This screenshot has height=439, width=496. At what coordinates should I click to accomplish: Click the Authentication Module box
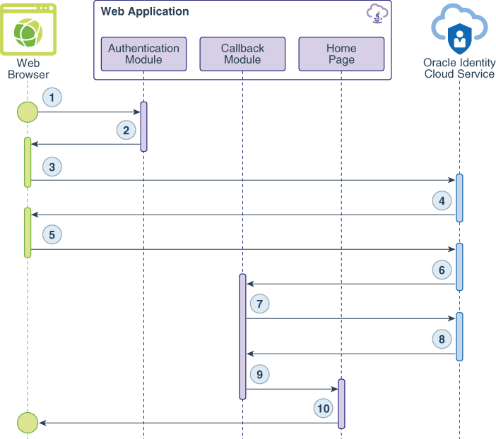click(x=143, y=54)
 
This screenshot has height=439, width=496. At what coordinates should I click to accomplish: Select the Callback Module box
click(x=242, y=54)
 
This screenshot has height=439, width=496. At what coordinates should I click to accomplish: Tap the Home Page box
click(x=341, y=54)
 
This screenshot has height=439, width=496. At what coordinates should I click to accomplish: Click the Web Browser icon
click(x=28, y=30)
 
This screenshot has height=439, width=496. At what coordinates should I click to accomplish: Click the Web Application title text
click(x=145, y=12)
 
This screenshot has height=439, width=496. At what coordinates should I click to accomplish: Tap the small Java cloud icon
click(x=377, y=13)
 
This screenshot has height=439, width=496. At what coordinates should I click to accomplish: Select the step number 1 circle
click(x=52, y=97)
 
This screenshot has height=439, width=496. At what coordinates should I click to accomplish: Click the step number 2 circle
click(x=126, y=130)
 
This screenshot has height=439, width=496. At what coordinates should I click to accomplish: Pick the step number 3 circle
click(x=52, y=167)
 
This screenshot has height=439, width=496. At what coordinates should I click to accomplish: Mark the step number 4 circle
click(x=442, y=200)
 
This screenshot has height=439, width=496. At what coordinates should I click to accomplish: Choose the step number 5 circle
click(x=52, y=234)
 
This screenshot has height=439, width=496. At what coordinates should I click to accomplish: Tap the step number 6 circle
click(x=442, y=270)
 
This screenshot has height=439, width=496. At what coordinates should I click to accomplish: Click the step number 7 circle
click(x=260, y=304)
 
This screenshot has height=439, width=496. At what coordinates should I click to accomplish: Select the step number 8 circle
click(x=442, y=339)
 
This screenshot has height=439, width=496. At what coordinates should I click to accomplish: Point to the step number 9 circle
click(x=260, y=374)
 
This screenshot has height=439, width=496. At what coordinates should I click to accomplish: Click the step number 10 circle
click(x=324, y=408)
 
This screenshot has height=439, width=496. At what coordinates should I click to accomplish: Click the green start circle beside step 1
click(x=28, y=112)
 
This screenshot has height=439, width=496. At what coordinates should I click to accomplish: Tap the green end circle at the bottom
click(x=28, y=423)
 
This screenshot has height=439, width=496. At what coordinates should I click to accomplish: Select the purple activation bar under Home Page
click(x=342, y=404)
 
